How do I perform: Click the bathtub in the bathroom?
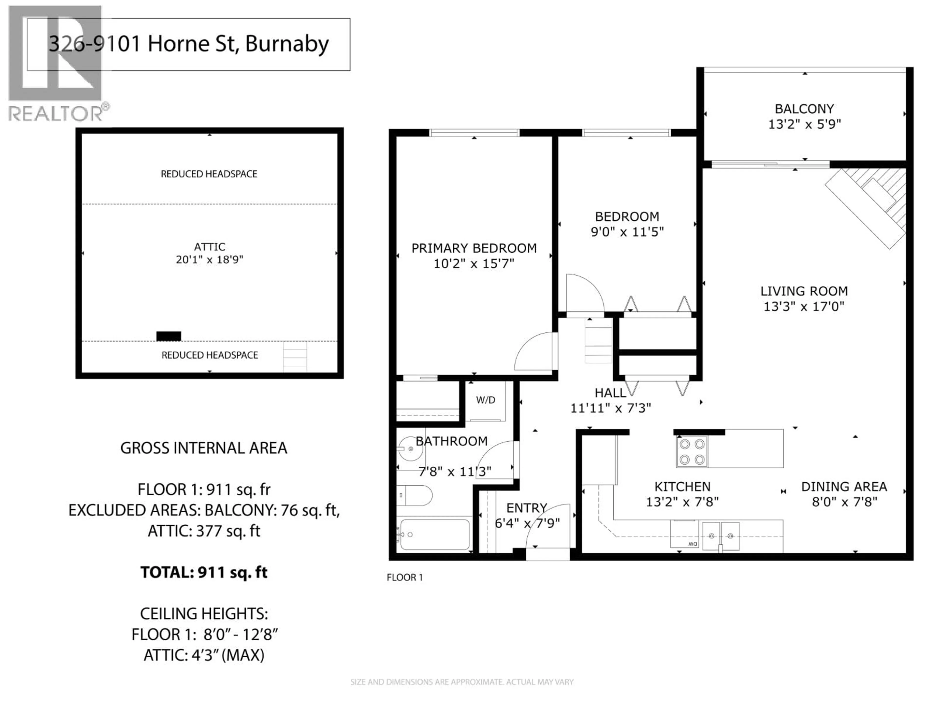click(x=435, y=535)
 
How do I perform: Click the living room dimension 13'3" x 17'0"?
click(x=804, y=306)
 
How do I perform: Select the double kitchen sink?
click(x=721, y=536)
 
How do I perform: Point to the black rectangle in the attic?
click(x=169, y=336)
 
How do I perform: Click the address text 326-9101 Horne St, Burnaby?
click(x=188, y=44)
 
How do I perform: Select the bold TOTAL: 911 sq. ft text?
click(x=204, y=573)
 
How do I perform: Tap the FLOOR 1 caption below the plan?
click(x=404, y=578)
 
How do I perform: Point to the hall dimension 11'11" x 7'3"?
click(x=610, y=408)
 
